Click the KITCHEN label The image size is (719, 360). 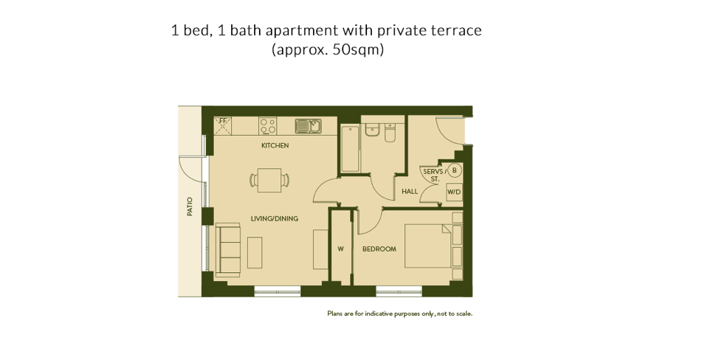pos(275,145)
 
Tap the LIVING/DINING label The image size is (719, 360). pos(274,218)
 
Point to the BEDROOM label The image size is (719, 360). pos(379,249)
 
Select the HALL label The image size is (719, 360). pos(410,192)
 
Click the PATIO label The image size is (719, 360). pos(190,206)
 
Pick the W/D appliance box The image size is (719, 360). pos(454,192)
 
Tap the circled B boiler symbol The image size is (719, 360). pos(455,170)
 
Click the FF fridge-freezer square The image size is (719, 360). pos(223,125)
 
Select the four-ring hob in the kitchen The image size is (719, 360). pos(267,125)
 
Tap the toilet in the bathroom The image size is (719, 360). pos(390,131)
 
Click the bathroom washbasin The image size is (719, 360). pos(372,130)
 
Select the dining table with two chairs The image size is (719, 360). pos(269,179)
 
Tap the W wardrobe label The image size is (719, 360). pos(340,249)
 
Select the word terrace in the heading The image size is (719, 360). pos(455,30)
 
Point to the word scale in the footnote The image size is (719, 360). pos(463,314)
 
